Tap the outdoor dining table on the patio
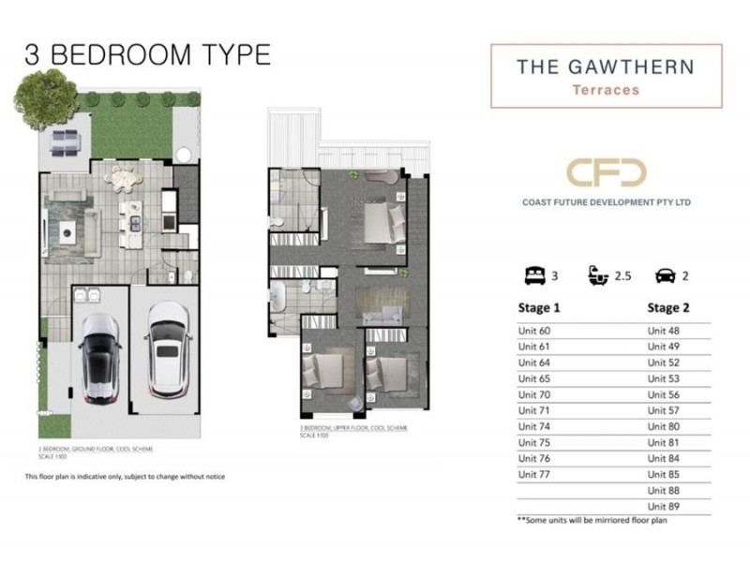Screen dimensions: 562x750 coord(64,143)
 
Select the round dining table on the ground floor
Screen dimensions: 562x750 coord(125,177)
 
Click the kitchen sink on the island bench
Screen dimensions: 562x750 coord(134,224)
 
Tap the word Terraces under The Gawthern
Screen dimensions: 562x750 coord(607,91)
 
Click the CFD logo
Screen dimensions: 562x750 coord(607,175)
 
